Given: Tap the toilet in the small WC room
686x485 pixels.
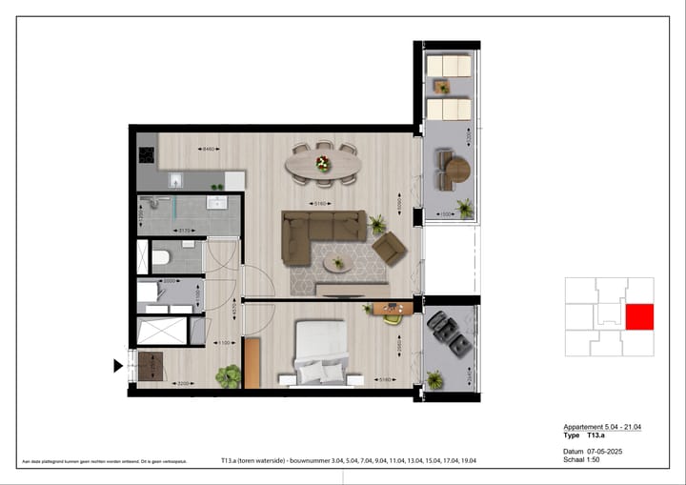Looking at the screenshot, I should tap(161, 257).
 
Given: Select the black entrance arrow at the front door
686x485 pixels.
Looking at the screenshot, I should tap(119, 365).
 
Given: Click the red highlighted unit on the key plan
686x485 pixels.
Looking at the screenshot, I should tap(639, 317).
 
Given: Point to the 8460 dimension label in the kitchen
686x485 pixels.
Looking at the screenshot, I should tap(209, 149).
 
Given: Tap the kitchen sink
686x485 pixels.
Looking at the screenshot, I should tap(177, 179).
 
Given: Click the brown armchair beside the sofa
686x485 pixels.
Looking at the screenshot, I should tap(390, 249).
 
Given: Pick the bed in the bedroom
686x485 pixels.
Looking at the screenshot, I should tap(320, 352).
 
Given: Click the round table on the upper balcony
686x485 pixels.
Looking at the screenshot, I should tap(457, 170).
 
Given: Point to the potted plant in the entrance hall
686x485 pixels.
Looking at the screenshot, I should tap(228, 376).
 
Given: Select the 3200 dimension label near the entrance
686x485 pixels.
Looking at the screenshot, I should tap(181, 384).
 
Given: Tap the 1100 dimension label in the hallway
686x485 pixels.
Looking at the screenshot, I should tap(226, 343).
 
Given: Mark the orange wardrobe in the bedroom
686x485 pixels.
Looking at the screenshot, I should tap(252, 362).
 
